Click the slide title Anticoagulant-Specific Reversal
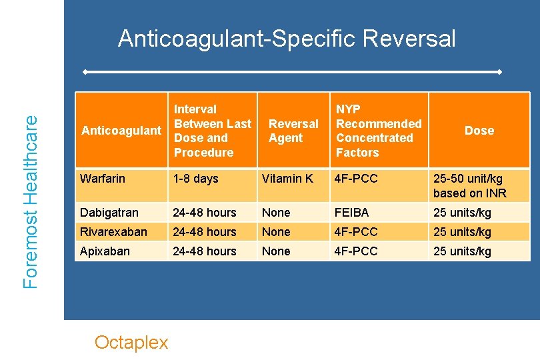[287, 39]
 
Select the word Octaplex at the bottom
[131, 342]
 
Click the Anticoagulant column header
[121, 131]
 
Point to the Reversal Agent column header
[293, 131]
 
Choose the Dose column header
[479, 131]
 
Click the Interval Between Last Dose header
[212, 131]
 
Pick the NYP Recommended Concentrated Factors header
[378, 131]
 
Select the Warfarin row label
[102, 179]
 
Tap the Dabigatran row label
[109, 213]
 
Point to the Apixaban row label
[105, 251]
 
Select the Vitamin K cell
[287, 179]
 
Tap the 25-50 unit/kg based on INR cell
[470, 186]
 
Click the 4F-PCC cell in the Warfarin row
[357, 179]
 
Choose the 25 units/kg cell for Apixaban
[462, 251]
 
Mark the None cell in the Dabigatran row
[276, 213]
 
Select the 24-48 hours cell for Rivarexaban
[205, 232]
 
